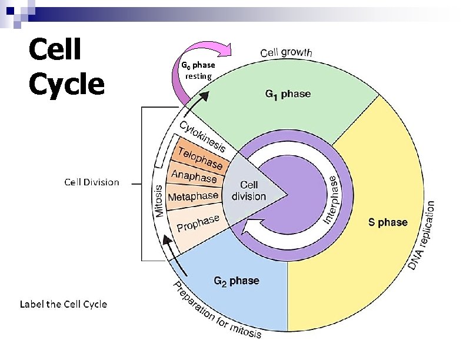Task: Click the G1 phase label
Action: (x=288, y=94)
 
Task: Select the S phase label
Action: (x=388, y=222)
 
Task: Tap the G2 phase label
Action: (x=236, y=281)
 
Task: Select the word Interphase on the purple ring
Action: (x=331, y=199)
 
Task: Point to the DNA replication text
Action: (x=422, y=236)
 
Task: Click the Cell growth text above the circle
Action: (x=287, y=52)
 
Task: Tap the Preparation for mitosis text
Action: (x=217, y=312)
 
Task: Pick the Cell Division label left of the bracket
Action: (x=91, y=182)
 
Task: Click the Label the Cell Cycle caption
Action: (x=64, y=304)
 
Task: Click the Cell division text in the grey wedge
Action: (x=249, y=191)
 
